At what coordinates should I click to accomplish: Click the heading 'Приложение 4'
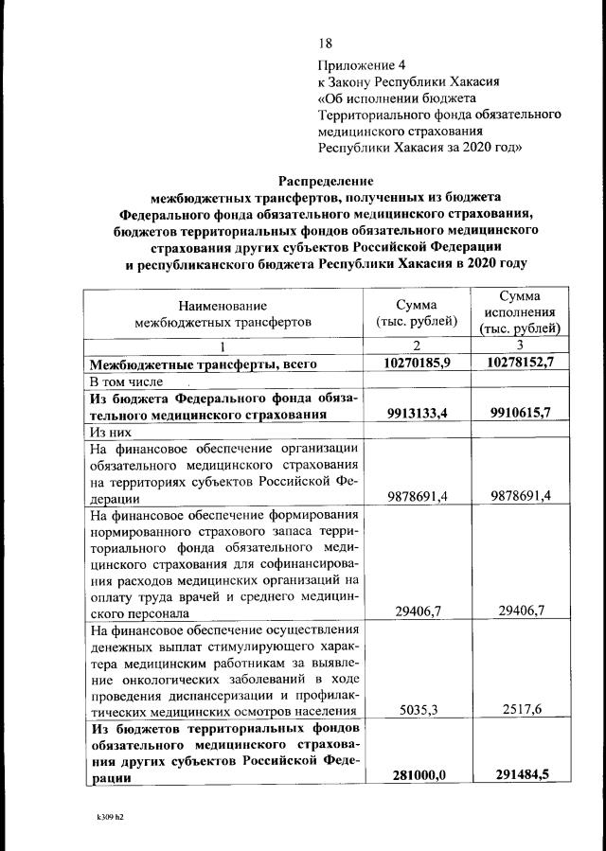point(362,65)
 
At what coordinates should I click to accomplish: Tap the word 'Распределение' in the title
point(325,180)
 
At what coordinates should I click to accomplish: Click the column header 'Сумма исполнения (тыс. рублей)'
point(520,312)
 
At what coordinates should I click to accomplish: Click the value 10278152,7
point(520,363)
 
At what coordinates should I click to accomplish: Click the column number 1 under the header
point(223,346)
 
